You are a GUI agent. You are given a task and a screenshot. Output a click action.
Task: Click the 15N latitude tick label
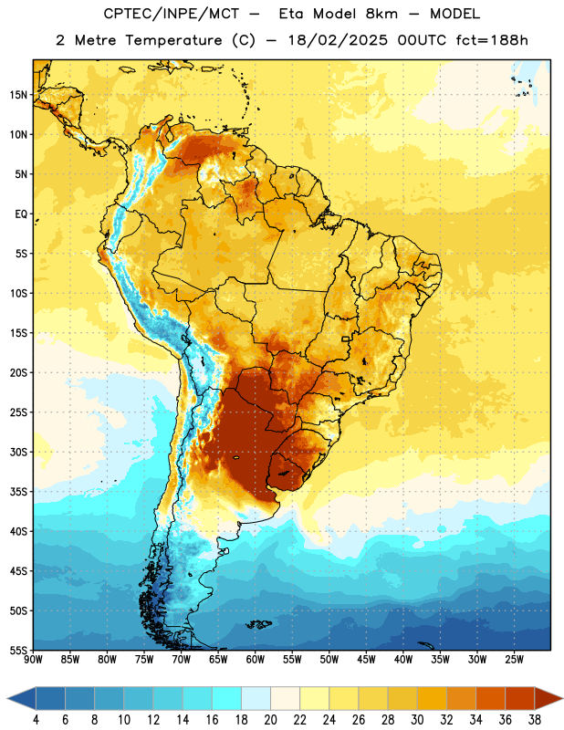[x=18, y=95]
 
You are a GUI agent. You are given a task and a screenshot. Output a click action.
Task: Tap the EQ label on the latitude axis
[x=21, y=214]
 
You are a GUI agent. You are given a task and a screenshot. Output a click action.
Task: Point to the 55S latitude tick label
[x=18, y=650]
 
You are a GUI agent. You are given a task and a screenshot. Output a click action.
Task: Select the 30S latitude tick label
[x=18, y=452]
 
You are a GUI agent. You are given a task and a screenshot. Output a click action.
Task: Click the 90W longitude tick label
[x=33, y=660]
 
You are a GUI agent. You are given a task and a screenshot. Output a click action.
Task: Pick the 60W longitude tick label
[x=256, y=660]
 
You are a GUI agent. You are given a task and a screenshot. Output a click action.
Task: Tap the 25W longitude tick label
[x=514, y=660]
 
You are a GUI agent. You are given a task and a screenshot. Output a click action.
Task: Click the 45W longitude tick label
[x=366, y=660]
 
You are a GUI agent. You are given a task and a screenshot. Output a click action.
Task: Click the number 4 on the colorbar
[x=36, y=720]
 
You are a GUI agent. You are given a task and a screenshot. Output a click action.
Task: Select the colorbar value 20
[x=270, y=720]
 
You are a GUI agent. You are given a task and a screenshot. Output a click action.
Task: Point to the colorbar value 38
[x=535, y=720]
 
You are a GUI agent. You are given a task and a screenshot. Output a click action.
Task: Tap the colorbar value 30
[x=417, y=720]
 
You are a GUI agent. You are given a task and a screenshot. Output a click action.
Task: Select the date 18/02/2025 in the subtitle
[x=338, y=40]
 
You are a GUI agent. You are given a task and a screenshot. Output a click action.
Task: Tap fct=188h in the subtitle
[x=492, y=40]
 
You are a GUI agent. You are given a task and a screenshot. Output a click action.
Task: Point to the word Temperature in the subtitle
[x=173, y=40]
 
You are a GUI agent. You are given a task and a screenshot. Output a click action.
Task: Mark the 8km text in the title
[x=381, y=14]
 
